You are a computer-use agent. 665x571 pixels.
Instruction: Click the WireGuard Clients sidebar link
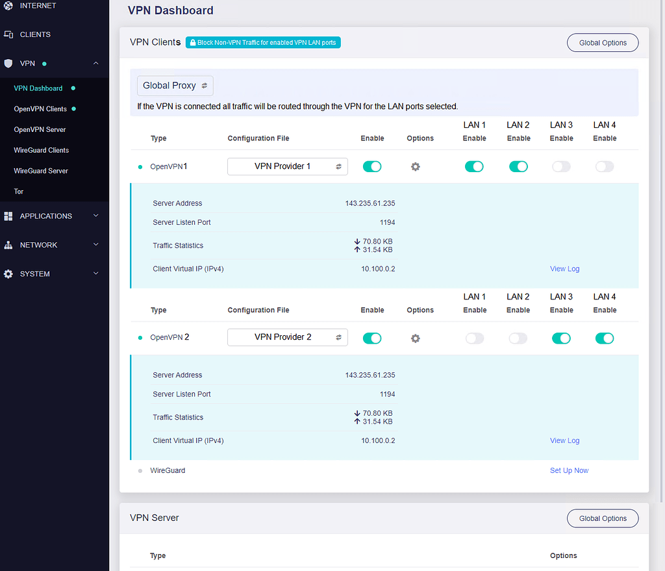coord(41,150)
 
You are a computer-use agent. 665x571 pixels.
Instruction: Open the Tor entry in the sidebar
coord(19,192)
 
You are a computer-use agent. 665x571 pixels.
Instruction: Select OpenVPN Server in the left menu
coord(40,129)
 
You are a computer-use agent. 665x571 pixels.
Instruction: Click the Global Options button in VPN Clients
coord(603,43)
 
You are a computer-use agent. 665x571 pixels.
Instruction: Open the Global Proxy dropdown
coord(175,86)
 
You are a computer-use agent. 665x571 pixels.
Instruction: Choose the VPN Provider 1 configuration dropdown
coord(287,166)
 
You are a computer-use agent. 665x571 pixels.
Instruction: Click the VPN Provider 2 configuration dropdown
coord(287,337)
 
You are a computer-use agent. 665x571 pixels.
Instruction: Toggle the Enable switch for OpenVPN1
coord(372,166)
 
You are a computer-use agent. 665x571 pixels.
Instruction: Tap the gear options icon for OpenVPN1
coord(416,166)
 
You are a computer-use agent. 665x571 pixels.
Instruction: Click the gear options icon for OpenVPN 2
coord(416,338)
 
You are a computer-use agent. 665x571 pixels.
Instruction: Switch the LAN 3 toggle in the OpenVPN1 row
coord(561,166)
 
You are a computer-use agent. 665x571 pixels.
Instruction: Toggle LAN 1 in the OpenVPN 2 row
coord(475,338)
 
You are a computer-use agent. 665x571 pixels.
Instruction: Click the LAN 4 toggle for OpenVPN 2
coord(605,338)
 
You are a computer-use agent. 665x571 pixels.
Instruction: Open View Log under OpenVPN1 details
coord(564,268)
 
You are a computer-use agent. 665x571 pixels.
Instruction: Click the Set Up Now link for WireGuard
coord(569,470)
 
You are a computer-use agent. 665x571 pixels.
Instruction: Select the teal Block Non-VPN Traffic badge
coord(263,42)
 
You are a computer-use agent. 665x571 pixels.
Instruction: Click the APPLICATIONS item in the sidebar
coord(46,216)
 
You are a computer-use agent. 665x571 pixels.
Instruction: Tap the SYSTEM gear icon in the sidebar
coord(8,274)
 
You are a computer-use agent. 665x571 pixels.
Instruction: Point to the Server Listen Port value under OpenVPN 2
coord(387,394)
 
